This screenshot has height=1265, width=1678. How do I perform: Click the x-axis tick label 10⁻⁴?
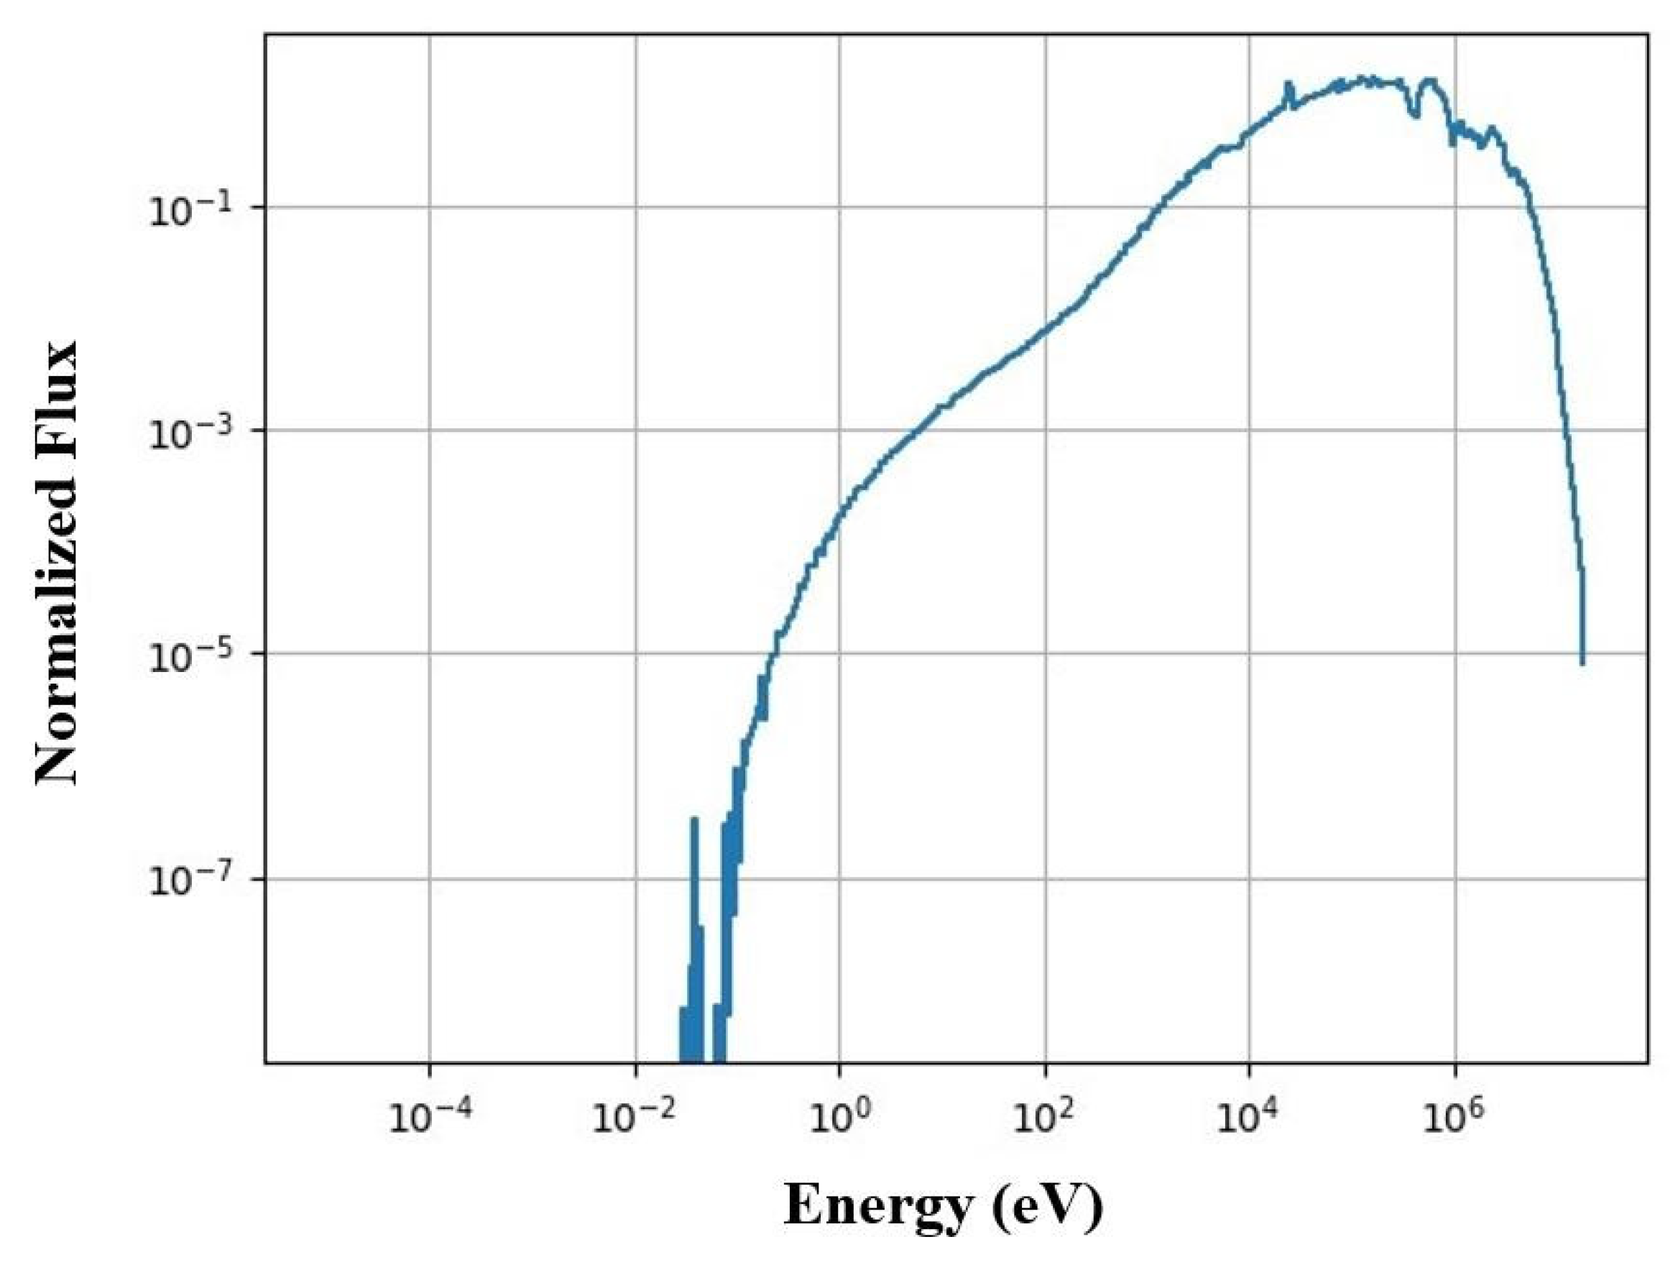pyautogui.click(x=429, y=1117)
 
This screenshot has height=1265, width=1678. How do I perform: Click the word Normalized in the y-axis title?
pyautogui.click(x=57, y=645)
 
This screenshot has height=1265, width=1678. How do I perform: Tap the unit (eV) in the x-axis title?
pyautogui.click(x=1048, y=1205)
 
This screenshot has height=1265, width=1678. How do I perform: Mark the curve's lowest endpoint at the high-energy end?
pyautogui.click(x=1582, y=663)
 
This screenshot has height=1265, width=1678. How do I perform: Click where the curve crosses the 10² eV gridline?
pyautogui.click(x=1046, y=328)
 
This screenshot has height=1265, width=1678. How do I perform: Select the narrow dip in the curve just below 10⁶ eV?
pyautogui.click(x=1415, y=114)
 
